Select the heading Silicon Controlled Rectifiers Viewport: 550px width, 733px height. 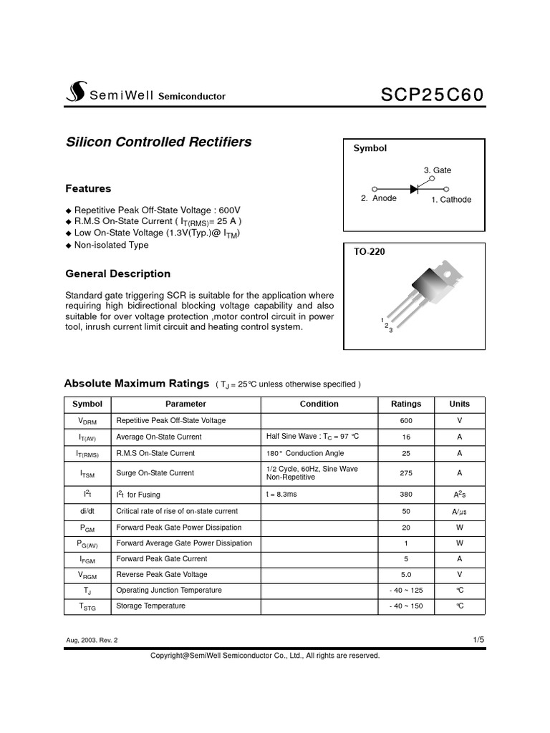click(x=158, y=142)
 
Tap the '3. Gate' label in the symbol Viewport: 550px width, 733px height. click(x=437, y=170)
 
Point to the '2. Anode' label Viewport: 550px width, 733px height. click(x=379, y=198)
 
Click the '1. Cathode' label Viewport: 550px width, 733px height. click(x=451, y=200)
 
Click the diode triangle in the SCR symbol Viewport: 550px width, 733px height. click(x=414, y=189)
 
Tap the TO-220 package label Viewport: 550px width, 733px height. click(x=370, y=252)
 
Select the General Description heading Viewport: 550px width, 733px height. click(x=117, y=273)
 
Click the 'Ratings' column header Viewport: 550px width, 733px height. click(x=406, y=404)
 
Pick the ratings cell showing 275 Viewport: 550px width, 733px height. click(x=406, y=472)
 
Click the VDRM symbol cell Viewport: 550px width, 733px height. click(x=88, y=421)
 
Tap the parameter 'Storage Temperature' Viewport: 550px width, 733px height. click(x=150, y=606)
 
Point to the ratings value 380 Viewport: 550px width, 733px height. click(x=406, y=495)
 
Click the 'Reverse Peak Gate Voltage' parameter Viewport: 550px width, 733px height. click(x=162, y=574)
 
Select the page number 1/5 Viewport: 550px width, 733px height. click(x=478, y=639)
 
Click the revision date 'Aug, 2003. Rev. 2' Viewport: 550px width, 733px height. click(x=92, y=640)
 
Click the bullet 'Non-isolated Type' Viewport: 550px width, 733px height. click(x=111, y=245)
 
